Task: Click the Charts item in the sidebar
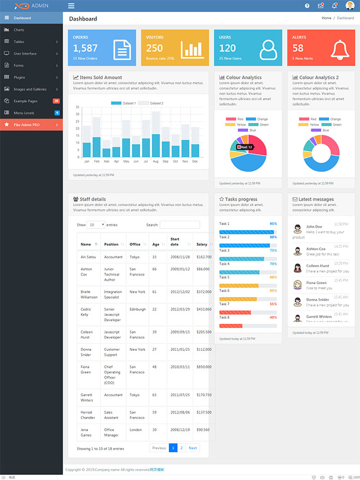19,30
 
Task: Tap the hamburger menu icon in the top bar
71,6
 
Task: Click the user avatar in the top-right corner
350,6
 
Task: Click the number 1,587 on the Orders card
85,48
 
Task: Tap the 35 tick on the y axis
78,107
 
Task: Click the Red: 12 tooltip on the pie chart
245,147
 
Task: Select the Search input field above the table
179,225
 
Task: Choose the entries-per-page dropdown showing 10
96,225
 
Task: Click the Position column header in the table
111,244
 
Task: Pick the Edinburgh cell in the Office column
137,309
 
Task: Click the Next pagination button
193,448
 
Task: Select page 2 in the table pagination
182,448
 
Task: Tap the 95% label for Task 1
273,224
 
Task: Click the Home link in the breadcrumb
326,18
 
